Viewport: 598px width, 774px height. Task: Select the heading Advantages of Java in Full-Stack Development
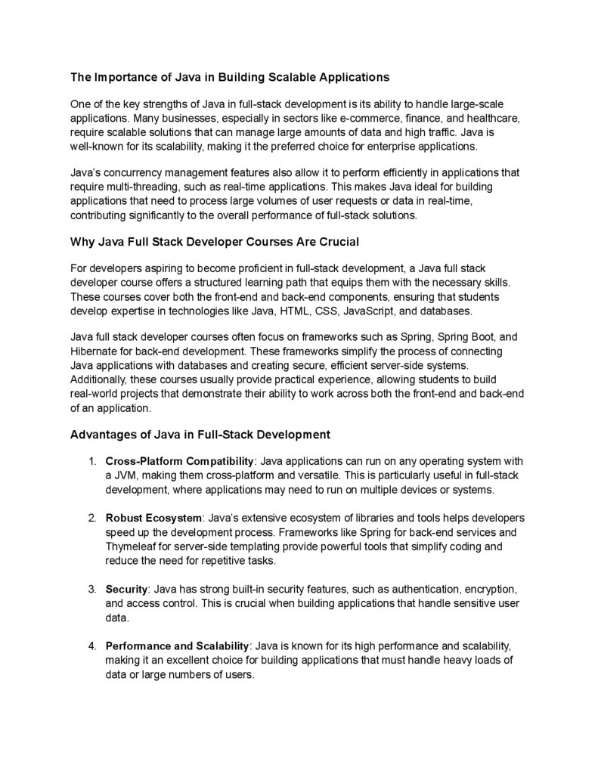tap(200, 435)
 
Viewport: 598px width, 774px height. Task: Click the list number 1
tap(91, 461)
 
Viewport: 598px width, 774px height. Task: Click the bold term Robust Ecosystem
tap(154, 518)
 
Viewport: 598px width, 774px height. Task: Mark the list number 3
tap(91, 589)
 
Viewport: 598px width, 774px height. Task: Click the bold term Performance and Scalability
tap(177, 646)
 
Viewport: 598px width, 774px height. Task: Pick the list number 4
tap(91, 646)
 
